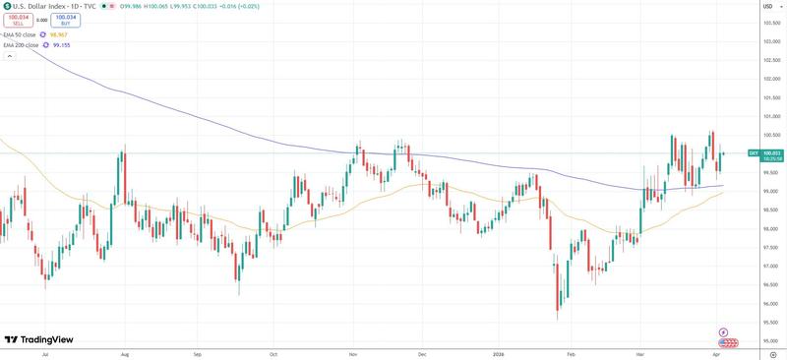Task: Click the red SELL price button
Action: point(20,20)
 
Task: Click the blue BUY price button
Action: point(66,20)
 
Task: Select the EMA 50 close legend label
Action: point(22,33)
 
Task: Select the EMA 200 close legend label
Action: point(23,44)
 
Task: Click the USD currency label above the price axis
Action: point(765,6)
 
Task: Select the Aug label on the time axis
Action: point(125,352)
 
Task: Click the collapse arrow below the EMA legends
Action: point(11,56)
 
